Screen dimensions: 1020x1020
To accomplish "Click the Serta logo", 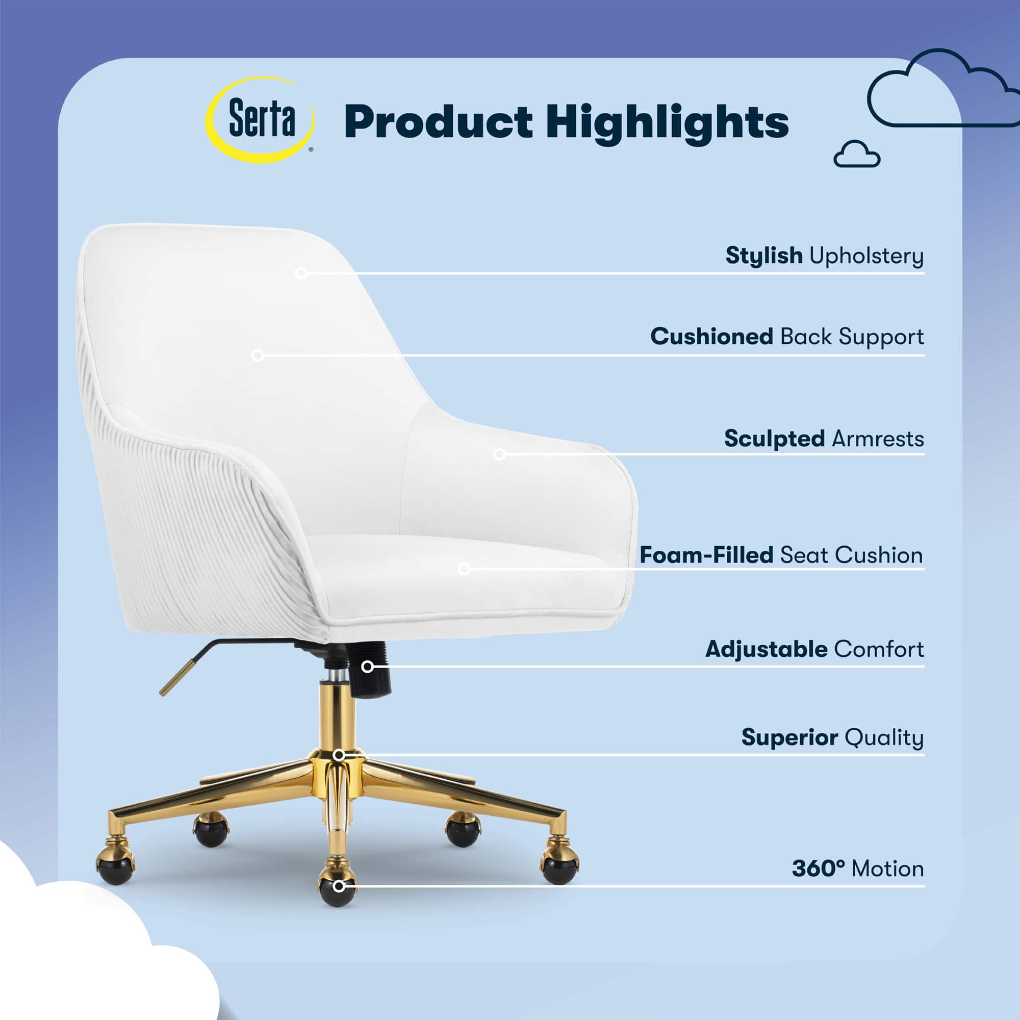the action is [x=260, y=120].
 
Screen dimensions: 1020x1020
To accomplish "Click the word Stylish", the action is [x=764, y=256].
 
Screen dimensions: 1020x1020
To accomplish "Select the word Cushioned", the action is [x=711, y=336].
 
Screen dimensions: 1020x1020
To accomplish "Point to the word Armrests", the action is [x=877, y=439].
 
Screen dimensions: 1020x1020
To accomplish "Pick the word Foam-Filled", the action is [x=706, y=555].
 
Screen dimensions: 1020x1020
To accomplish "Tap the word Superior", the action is [x=789, y=738].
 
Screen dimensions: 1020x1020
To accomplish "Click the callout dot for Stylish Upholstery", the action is [x=301, y=273].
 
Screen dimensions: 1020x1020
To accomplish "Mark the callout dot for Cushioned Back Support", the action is [x=258, y=355].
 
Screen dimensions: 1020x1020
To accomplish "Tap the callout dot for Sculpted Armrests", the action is [x=499, y=454].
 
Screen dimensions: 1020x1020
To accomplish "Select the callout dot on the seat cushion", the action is [x=464, y=569].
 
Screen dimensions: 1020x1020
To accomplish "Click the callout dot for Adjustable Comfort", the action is [x=367, y=667].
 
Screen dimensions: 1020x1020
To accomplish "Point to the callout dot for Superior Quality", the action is [x=340, y=755].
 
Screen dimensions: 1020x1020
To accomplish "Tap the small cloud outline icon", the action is [x=857, y=154].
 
